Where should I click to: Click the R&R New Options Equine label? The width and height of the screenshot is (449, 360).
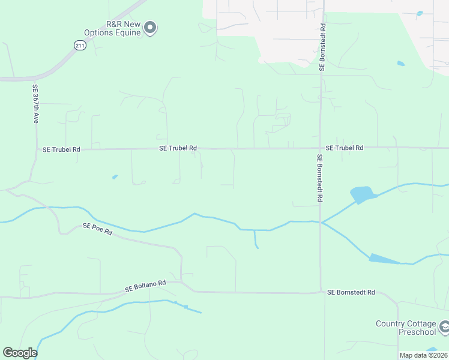click(x=123, y=28)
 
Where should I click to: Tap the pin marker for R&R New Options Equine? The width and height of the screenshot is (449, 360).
click(x=151, y=27)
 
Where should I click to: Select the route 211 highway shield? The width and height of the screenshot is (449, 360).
click(x=80, y=45)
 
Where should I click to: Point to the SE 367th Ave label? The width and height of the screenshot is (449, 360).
click(x=35, y=104)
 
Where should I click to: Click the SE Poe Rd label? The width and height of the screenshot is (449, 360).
click(x=97, y=229)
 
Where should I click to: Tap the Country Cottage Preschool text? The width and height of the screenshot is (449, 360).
click(x=406, y=328)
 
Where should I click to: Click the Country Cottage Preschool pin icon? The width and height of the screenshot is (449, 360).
click(x=445, y=327)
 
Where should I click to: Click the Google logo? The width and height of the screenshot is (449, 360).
click(x=20, y=353)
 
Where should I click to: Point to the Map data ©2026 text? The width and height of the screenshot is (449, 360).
click(x=423, y=355)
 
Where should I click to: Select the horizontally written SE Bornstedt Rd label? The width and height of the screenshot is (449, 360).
click(x=351, y=292)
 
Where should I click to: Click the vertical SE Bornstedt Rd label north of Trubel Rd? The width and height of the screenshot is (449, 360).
click(x=322, y=48)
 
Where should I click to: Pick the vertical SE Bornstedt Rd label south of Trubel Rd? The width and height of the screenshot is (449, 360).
click(x=319, y=178)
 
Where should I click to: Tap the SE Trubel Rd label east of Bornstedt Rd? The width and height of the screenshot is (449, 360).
click(x=345, y=148)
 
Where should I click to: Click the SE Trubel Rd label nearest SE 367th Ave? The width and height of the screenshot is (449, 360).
click(x=61, y=149)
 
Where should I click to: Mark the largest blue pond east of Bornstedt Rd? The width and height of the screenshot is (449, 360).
click(x=362, y=194)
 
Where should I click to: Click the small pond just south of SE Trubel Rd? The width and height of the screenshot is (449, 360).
click(x=115, y=177)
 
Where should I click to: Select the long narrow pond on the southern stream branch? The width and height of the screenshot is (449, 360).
click(x=384, y=259)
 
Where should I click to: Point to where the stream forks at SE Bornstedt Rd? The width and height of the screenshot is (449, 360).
click(x=322, y=223)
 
